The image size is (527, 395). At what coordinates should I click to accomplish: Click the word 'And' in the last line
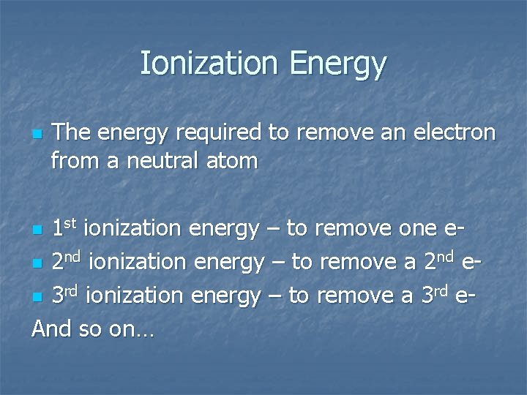click(x=51, y=328)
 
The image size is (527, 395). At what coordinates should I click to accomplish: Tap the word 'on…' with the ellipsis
click(x=132, y=330)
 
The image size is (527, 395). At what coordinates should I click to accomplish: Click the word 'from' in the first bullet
click(x=76, y=160)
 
